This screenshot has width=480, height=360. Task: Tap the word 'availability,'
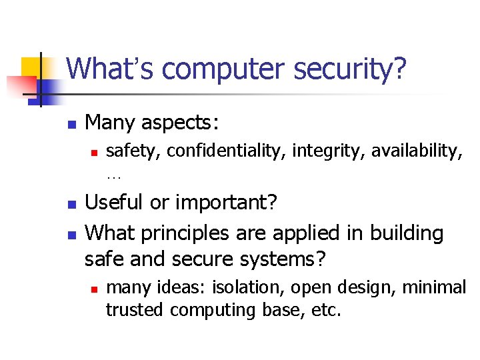coord(417,152)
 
